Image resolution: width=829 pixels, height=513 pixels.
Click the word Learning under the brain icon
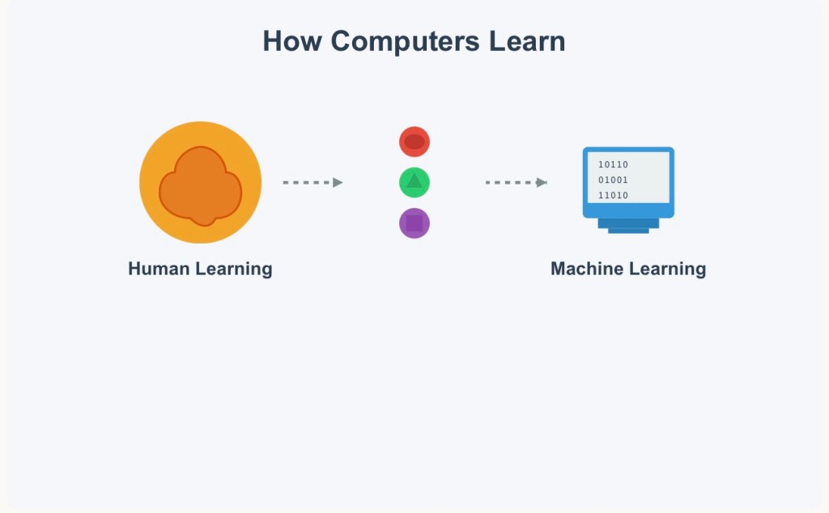(238, 269)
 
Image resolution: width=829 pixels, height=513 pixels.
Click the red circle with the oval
(414, 142)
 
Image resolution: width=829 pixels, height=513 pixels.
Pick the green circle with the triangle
(414, 182)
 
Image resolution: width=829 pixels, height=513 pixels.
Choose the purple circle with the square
(414, 223)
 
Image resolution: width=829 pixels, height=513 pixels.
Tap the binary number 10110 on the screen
(613, 165)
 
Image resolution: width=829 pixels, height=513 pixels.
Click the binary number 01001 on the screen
(613, 180)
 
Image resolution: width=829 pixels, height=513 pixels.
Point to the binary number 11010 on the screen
(613, 196)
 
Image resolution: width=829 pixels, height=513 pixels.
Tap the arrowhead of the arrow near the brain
(338, 183)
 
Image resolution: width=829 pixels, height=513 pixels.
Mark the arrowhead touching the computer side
(542, 183)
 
